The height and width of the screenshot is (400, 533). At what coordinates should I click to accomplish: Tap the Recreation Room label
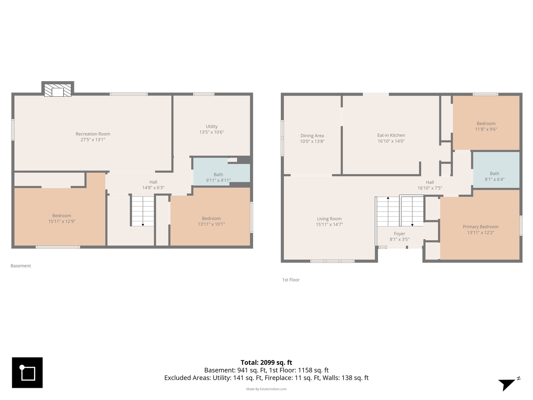point(93,134)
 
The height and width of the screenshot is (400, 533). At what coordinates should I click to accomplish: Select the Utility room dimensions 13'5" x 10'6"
point(211,132)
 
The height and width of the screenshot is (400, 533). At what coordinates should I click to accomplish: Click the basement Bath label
point(218,174)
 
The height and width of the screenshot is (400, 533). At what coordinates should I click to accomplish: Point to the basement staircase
point(143,211)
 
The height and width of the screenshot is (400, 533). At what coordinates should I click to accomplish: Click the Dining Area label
point(312,136)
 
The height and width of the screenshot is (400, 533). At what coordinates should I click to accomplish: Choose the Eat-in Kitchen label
point(391,135)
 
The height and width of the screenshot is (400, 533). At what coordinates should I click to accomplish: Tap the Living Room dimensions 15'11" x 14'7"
point(329,224)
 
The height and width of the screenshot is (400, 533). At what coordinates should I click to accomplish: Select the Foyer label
point(399,234)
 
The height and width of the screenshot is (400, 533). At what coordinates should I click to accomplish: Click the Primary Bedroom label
point(480,227)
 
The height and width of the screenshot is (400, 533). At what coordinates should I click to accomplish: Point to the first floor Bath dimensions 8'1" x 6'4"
point(495,180)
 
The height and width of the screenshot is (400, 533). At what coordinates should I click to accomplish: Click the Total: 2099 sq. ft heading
point(266,363)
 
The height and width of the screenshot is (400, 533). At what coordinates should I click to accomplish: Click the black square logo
point(27,373)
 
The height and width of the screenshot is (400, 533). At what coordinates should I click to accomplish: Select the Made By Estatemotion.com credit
point(266,389)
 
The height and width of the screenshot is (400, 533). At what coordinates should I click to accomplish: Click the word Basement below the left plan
point(21,266)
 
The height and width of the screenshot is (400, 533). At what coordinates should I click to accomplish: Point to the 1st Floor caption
point(291,280)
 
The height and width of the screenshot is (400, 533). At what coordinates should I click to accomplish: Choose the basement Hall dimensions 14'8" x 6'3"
point(153,188)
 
